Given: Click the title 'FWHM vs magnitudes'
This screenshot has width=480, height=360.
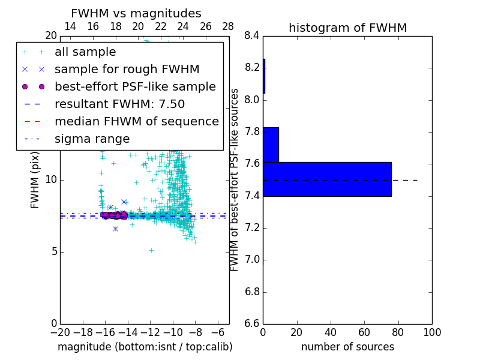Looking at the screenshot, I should pos(136,13).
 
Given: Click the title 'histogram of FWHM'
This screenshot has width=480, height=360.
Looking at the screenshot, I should pos(347,28).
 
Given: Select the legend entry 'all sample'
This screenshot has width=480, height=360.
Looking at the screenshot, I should pos(85,52).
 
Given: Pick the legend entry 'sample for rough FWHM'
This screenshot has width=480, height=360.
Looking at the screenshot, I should pos(127,69).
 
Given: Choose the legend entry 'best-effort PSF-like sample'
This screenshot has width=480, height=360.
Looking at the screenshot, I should pos(135,86).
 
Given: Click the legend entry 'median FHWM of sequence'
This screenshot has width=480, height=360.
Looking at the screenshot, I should pos(136,121).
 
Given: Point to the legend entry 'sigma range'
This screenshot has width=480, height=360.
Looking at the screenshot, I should pos(92,139).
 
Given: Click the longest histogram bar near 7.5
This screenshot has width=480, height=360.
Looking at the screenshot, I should pos(327,179).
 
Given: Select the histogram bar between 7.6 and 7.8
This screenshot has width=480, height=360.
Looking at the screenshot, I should pos(271,145).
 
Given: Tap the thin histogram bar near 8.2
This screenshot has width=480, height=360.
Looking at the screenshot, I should pos(264,76).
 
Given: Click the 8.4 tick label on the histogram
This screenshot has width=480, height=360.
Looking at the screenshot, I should pos(252,35).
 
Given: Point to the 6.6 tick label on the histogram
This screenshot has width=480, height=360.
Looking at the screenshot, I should pos(252,323).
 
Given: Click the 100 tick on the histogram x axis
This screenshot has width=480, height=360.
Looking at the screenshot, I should pos(431,332).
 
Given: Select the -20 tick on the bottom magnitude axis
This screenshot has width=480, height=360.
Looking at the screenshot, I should pos(60,332).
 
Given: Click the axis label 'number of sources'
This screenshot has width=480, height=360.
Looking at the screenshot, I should pos(347,347).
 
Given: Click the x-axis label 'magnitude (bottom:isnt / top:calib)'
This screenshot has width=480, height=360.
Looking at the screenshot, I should pos(145,347).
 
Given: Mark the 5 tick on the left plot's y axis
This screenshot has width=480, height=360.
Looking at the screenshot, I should pos(53,251).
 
